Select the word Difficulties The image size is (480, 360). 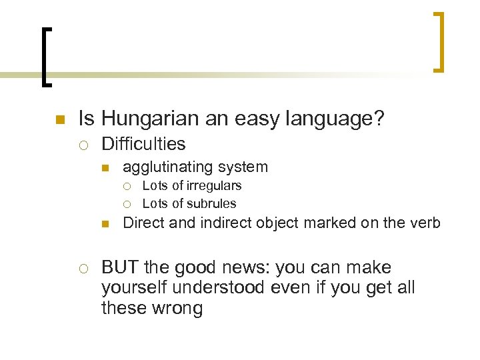point(143,143)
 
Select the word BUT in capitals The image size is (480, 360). point(120,267)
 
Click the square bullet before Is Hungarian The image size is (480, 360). point(59,121)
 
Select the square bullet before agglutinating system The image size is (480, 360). point(105,168)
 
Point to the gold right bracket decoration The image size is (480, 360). point(439,41)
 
